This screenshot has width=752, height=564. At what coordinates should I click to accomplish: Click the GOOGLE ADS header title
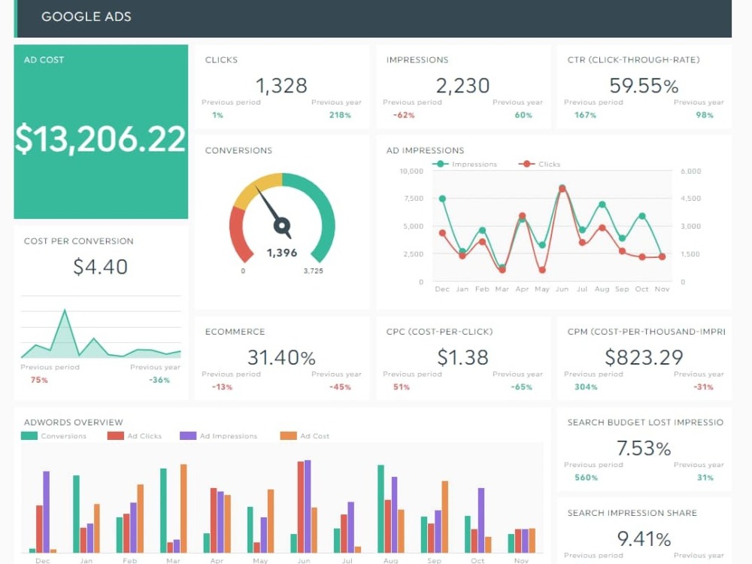coord(86,17)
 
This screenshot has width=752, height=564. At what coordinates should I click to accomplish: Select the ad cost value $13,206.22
coord(100,139)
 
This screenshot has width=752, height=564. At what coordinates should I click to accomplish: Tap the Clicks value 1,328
coord(281,86)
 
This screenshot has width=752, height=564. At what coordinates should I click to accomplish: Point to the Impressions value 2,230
coord(462,86)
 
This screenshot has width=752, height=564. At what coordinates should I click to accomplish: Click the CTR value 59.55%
coord(644,86)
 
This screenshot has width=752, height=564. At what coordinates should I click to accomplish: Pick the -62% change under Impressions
coord(404,115)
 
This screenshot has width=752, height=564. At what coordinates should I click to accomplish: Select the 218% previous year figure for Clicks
coord(340,115)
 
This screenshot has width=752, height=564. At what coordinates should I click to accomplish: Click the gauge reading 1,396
coord(282,253)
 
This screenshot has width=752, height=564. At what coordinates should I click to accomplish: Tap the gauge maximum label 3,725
coord(313,271)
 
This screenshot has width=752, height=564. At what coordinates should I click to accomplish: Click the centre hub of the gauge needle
coord(282,226)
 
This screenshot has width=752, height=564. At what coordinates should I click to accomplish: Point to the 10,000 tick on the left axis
coord(411,171)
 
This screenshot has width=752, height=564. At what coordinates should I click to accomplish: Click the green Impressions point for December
coord(442,199)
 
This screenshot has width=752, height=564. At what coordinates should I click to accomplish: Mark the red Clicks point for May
coord(542,270)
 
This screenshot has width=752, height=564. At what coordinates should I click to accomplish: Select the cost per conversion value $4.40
coord(100,267)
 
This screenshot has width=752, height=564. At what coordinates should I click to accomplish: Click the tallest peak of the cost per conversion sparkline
coord(65,311)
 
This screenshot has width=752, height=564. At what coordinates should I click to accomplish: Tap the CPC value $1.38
coord(462,357)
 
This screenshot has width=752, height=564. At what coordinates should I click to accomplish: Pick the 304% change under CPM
coord(586,387)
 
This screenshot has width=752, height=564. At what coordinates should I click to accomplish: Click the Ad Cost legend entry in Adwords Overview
coord(305,436)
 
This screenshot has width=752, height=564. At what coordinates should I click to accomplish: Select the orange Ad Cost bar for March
coord(183,508)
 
